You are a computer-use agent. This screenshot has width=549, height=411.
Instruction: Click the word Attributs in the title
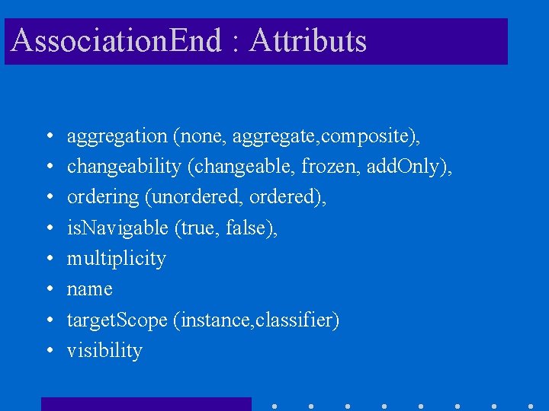coord(308,41)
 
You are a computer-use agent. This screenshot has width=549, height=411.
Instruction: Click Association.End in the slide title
coord(117,41)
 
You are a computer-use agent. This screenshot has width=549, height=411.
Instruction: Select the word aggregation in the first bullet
coord(117,137)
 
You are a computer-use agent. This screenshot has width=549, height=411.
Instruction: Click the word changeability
coord(124,167)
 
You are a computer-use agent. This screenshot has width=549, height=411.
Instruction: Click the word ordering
coord(103,198)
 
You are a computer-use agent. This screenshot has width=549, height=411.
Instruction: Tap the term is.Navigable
coord(117,228)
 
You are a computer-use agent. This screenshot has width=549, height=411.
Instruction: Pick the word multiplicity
coord(116,259)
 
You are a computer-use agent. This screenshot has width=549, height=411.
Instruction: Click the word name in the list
coord(89,289)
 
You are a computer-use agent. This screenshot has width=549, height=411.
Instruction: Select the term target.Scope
coord(117,320)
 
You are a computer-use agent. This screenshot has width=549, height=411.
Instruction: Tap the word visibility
coord(104,351)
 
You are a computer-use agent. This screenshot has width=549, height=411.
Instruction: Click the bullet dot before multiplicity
coord(48,260)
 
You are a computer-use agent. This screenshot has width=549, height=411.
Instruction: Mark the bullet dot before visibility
coord(48,352)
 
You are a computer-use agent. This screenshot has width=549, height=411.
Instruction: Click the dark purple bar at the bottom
coord(146,404)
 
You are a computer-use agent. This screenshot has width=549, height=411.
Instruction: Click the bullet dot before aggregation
coord(48,138)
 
